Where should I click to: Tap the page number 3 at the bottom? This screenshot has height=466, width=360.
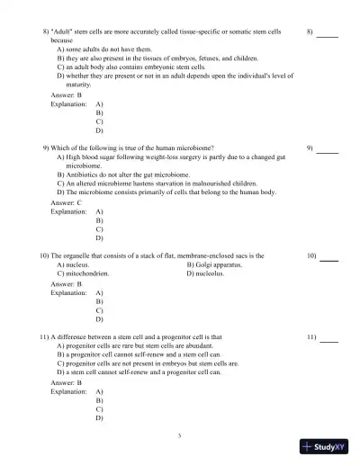[180, 435]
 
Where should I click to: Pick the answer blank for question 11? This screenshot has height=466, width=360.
[329, 342]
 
